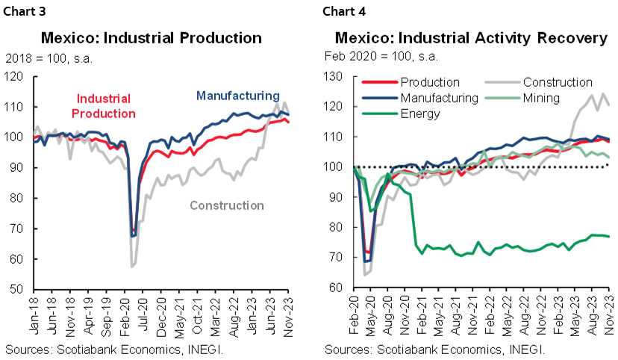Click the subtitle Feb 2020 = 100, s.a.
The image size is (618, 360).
pyautogui.click(x=381, y=56)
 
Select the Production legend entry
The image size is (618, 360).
pyautogui.click(x=429, y=82)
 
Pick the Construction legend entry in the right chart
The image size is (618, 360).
pyautogui.click(x=557, y=82)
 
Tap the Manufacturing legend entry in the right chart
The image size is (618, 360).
pyautogui.click(x=439, y=98)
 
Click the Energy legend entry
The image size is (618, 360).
pyautogui.click(x=420, y=114)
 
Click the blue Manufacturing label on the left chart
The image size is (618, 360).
pyautogui.click(x=237, y=96)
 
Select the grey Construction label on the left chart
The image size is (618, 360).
pyautogui.click(x=227, y=205)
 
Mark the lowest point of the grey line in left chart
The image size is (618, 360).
pyautogui.click(x=131, y=265)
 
